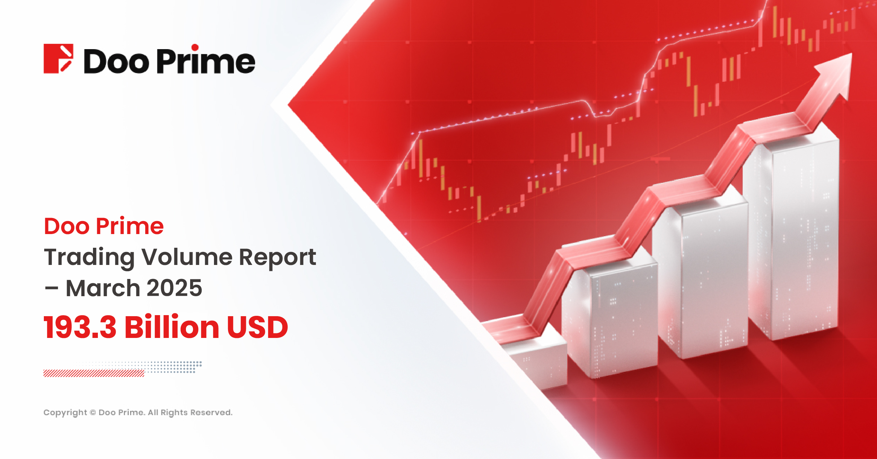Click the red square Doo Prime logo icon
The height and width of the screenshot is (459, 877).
(x=58, y=59)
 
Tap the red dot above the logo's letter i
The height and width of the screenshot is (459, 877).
(x=195, y=48)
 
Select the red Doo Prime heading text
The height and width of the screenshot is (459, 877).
(x=104, y=226)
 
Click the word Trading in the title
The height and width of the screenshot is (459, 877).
(x=89, y=257)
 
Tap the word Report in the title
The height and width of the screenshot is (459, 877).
(x=277, y=257)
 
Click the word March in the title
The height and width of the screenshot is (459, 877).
(x=103, y=288)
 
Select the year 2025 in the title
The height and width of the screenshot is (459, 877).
(x=174, y=288)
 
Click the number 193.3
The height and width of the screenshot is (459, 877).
(x=80, y=327)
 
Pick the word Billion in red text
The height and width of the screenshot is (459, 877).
(x=172, y=327)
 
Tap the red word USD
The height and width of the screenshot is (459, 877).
(x=257, y=327)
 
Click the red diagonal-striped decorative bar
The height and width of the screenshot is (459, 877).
(x=94, y=373)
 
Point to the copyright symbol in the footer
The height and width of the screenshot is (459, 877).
(x=93, y=413)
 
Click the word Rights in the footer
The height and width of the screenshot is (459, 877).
(x=174, y=413)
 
